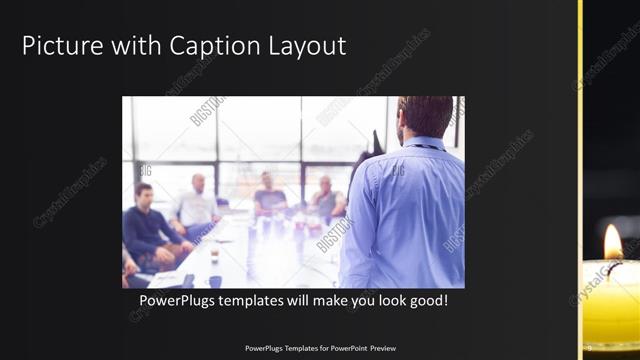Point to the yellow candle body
610,300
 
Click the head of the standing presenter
424,116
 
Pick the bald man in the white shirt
196,205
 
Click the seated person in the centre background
268,194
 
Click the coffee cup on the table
214,257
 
